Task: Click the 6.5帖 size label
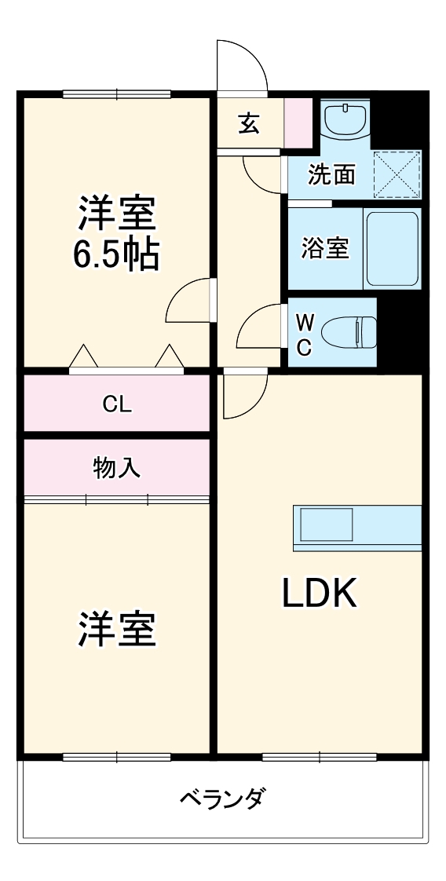click(x=116, y=254)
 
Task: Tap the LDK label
click(x=320, y=594)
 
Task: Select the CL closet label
click(x=117, y=404)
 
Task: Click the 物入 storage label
click(x=117, y=468)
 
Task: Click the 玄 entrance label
click(x=249, y=123)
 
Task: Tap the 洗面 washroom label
click(x=331, y=174)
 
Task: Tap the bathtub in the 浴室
click(x=392, y=248)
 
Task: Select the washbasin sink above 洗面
click(x=345, y=120)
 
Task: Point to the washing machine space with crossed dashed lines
click(x=397, y=174)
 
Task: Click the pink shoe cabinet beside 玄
click(x=298, y=123)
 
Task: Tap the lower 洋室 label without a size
click(x=116, y=630)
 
